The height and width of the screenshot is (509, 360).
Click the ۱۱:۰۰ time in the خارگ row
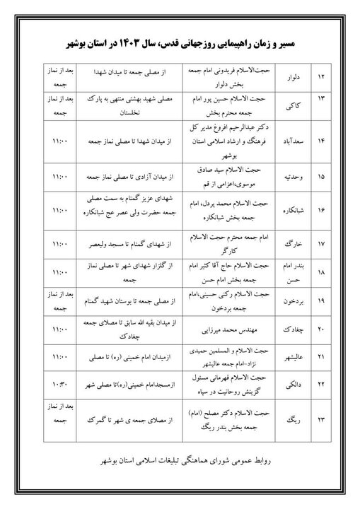[59, 244]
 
